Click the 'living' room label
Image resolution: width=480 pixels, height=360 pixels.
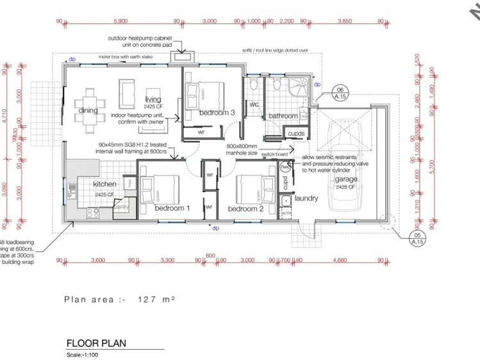point(153,99)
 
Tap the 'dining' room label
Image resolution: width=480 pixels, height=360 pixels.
point(88,110)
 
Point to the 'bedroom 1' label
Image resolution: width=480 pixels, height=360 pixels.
point(172,208)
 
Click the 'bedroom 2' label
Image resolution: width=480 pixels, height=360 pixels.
point(246,209)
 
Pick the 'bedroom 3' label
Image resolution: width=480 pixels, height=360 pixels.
point(217,113)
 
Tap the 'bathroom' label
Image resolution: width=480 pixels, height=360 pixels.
point(283,116)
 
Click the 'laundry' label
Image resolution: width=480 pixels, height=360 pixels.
point(306,199)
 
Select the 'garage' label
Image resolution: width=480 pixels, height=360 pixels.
point(345,180)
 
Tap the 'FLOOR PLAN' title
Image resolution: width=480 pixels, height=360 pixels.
point(96,343)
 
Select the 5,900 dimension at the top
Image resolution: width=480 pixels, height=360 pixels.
point(120,21)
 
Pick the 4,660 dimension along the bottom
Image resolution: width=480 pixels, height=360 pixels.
point(345,261)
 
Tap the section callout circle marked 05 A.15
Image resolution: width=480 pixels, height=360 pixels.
point(417,238)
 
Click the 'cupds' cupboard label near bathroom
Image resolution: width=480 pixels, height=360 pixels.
point(296,133)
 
